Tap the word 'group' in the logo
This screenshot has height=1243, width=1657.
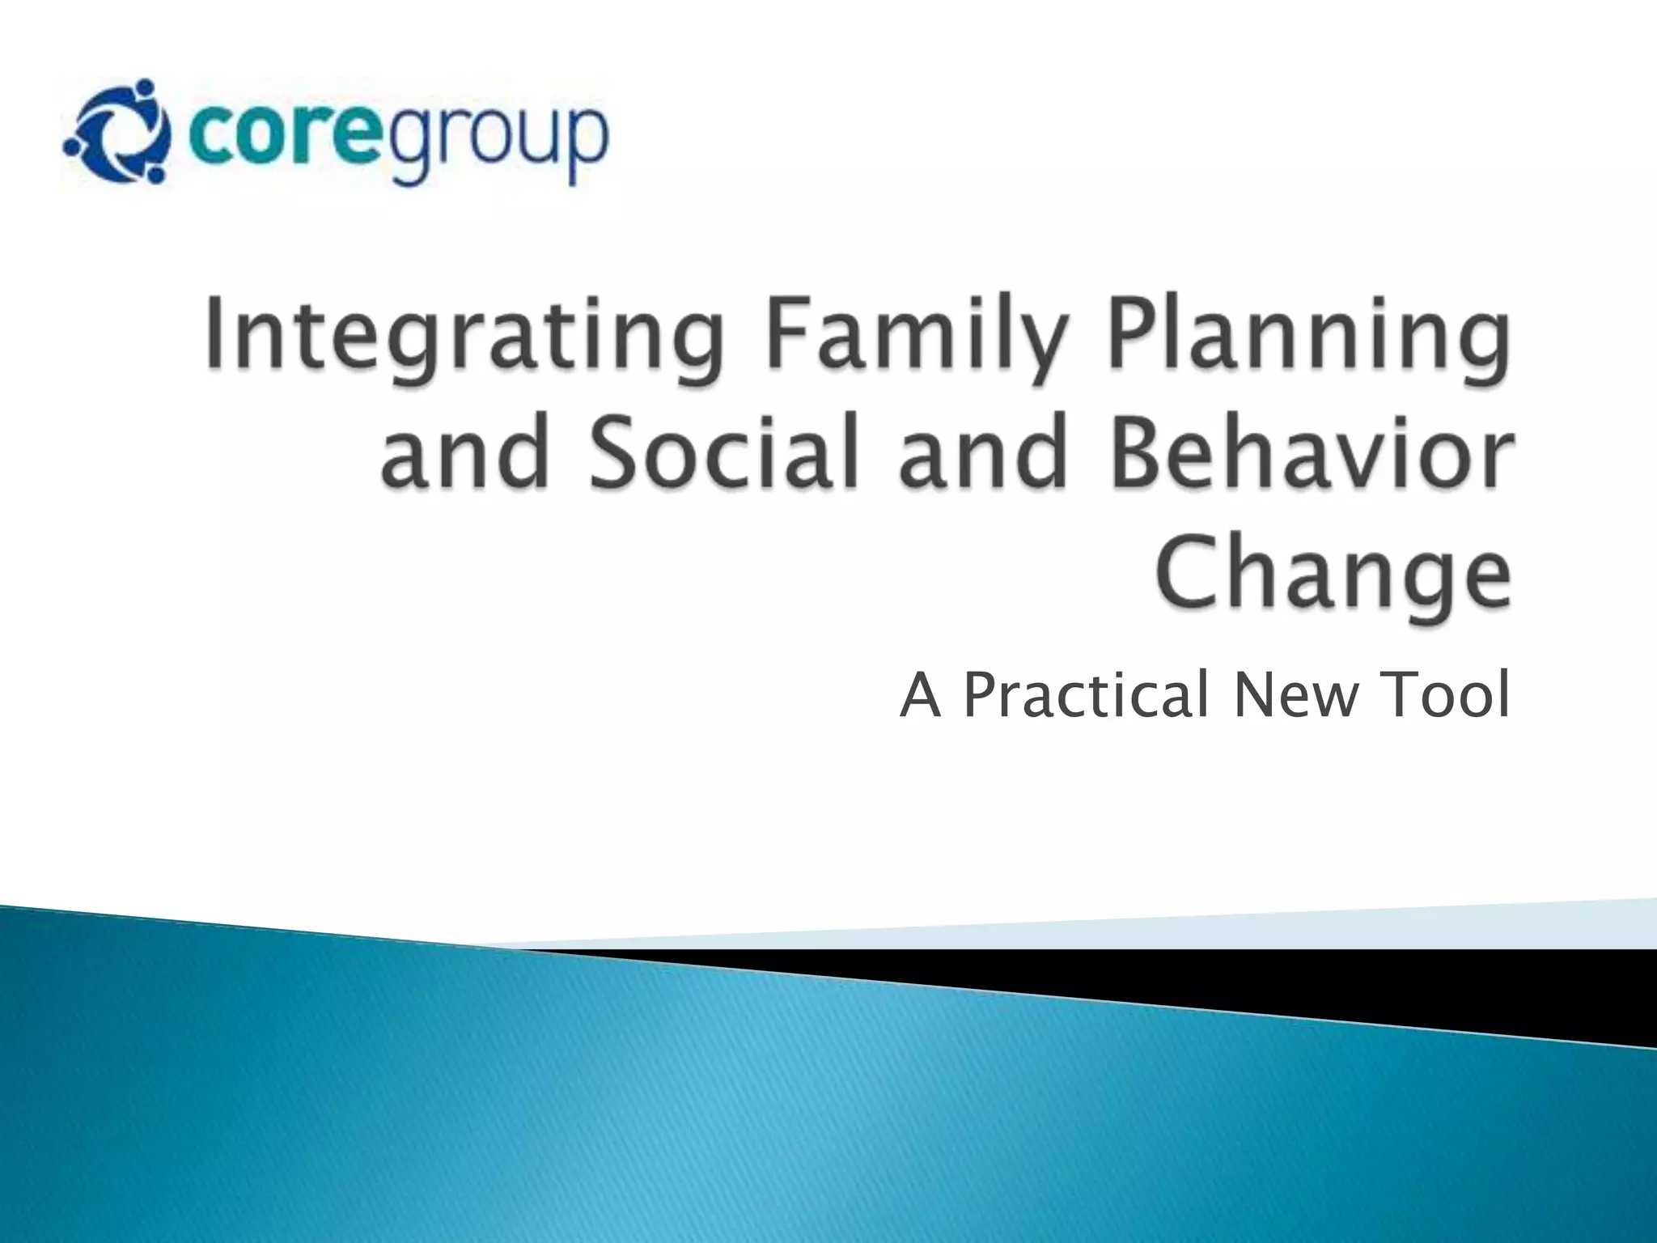pos(498,142)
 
